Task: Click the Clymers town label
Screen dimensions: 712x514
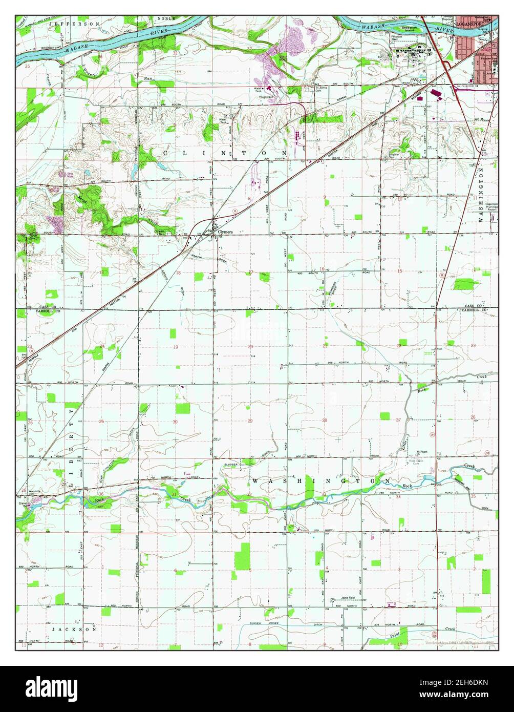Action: point(225,232)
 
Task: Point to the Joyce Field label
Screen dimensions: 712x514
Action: point(351,598)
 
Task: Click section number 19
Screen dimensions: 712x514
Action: point(176,347)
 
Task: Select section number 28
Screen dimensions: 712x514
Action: point(324,420)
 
